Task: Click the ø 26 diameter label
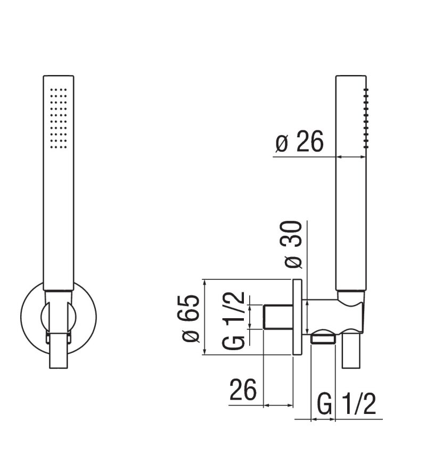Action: pyautogui.click(x=299, y=142)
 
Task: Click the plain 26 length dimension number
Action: pyautogui.click(x=242, y=391)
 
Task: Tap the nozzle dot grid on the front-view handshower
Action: pyautogui.click(x=58, y=115)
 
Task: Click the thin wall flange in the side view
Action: pyautogui.click(x=297, y=318)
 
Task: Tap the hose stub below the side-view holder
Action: pyautogui.click(x=351, y=351)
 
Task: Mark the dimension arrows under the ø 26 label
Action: pyautogui.click(x=351, y=156)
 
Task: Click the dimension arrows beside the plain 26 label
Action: pyautogui.click(x=278, y=405)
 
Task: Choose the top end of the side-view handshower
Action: pyautogui.click(x=351, y=78)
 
